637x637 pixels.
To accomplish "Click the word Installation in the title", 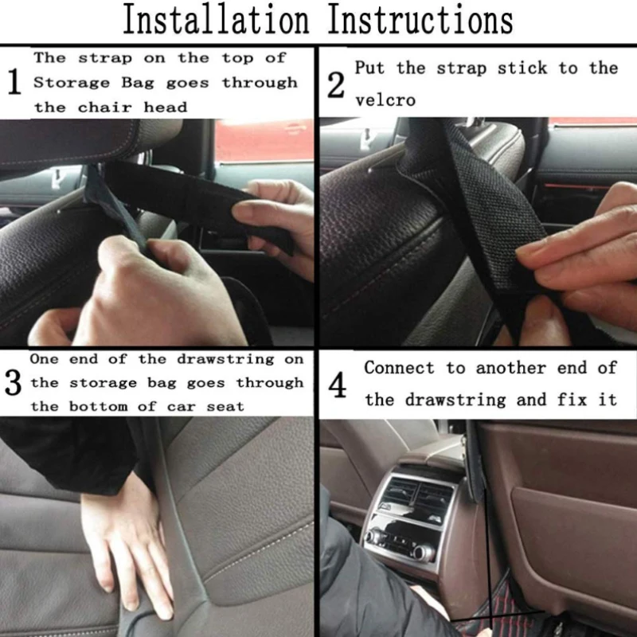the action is pyautogui.click(x=216, y=19).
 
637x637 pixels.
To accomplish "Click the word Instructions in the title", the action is pyautogui.click(x=420, y=19).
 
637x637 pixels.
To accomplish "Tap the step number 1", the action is pyautogui.click(x=14, y=82).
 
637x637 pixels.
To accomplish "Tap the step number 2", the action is pyautogui.click(x=336, y=85).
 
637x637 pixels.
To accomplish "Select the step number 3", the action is pyautogui.click(x=13, y=382).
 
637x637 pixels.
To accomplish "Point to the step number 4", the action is pyautogui.click(x=338, y=385).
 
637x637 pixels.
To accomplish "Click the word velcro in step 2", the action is pyautogui.click(x=385, y=100).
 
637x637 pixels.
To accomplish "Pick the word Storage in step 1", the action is pyautogui.click(x=72, y=83).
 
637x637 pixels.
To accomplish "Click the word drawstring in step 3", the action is pyautogui.click(x=225, y=359).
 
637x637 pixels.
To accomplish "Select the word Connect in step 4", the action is pyautogui.click(x=400, y=368).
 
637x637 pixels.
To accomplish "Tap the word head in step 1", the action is pyautogui.click(x=166, y=107).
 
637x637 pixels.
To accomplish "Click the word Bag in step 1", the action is pyautogui.click(x=138, y=84).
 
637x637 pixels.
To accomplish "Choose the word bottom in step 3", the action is pyautogui.click(x=98, y=406).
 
